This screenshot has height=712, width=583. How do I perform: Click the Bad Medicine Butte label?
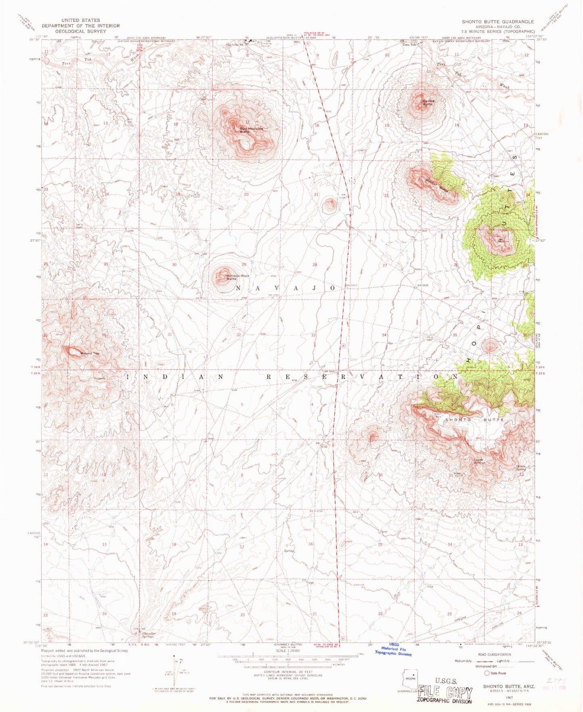(251, 130)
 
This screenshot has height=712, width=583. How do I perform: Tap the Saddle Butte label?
(428, 103)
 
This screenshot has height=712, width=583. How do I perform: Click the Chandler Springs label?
(148, 635)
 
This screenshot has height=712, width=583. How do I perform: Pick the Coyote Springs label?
(479, 461)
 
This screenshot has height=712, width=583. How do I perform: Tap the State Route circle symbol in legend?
(487, 673)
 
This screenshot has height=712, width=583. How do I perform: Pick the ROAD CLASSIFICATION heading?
(494, 655)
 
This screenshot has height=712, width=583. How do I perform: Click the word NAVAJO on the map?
(285, 288)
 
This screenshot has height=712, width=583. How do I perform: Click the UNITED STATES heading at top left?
(81, 20)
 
